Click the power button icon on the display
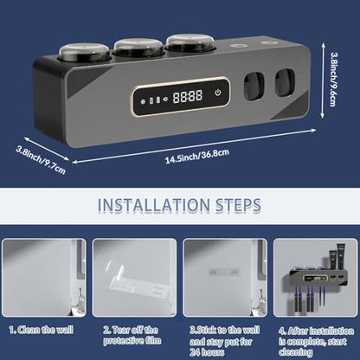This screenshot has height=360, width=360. pyautogui.click(x=218, y=93)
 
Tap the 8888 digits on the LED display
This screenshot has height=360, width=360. pyautogui.click(x=188, y=96)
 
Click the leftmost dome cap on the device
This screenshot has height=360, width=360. pyautogui.click(x=84, y=52)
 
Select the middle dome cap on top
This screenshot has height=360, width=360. pyautogui.click(x=138, y=47)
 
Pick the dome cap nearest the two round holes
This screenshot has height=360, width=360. pyautogui.click(x=191, y=42)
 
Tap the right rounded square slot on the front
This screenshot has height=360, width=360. pyautogui.click(x=286, y=82)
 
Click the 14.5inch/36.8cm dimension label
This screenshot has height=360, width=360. pyautogui.click(x=197, y=156)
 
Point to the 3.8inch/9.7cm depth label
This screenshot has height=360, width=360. pyautogui.click(x=41, y=161)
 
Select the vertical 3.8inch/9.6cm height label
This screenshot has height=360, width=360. pyautogui.click(x=333, y=79)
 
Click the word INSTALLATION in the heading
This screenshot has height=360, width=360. pyautogui.click(x=153, y=205)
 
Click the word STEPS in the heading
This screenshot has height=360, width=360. pyautogui.click(x=238, y=205)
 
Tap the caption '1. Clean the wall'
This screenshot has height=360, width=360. pyautogui.click(x=42, y=330)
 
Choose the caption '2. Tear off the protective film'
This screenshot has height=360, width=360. pyautogui.click(x=132, y=335)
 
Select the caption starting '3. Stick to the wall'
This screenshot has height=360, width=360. pyautogui.click(x=225, y=341)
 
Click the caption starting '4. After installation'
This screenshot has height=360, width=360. pyautogui.click(x=316, y=341)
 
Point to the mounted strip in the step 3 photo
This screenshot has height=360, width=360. pyautogui.click(x=224, y=272)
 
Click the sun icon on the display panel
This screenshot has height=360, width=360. pyautogui.click(x=143, y=101)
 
